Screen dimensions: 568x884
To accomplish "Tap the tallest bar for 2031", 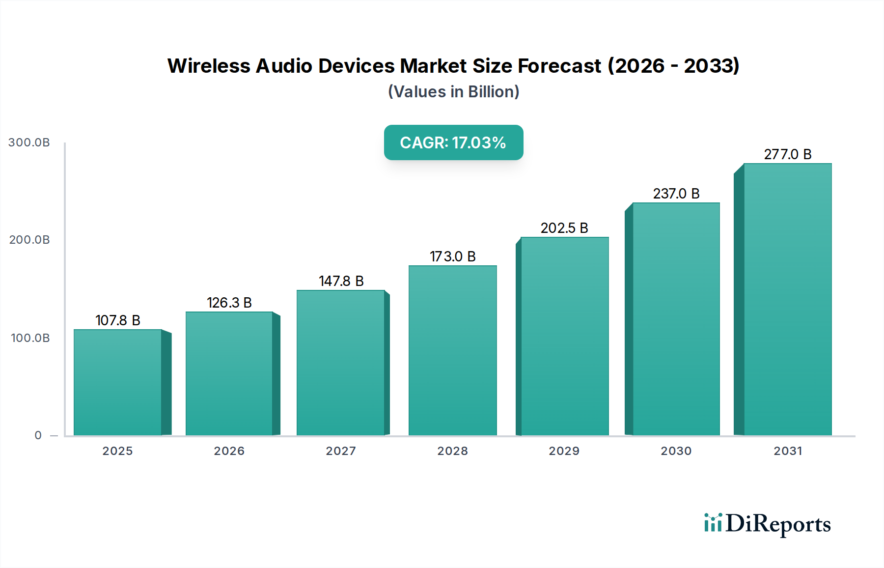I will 787,299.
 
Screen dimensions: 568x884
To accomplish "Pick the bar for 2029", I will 564,336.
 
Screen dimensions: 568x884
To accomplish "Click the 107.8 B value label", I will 118,320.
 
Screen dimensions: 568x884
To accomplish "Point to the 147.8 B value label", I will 341,281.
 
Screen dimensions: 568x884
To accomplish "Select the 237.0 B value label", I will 676,194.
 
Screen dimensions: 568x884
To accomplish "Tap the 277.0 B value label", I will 787,154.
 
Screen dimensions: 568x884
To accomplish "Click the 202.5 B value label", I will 564,228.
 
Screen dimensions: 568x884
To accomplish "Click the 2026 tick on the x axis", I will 229,451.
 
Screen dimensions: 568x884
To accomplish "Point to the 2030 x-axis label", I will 676,451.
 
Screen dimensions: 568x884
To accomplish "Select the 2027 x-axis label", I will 341,451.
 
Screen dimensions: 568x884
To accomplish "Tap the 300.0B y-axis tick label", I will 29,142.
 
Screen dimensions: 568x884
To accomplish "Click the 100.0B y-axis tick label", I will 30,338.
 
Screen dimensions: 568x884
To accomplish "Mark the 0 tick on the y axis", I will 38,435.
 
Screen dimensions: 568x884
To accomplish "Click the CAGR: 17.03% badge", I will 453,142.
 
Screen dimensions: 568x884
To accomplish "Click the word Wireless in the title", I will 208,66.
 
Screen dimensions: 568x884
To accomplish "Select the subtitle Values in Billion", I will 453,92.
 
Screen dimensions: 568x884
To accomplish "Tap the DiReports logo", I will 767,524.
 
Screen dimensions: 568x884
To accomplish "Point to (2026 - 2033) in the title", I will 673,66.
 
